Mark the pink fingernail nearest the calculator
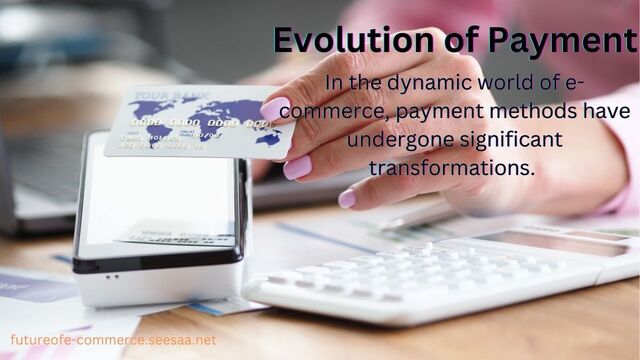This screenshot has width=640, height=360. point(346,198)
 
